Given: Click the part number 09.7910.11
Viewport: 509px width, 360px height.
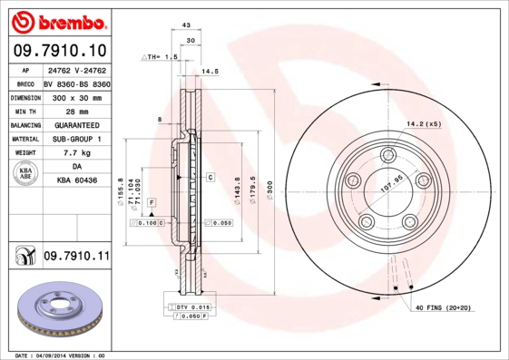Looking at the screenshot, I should pos(75,258).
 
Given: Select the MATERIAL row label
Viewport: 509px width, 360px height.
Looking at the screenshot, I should pos(24,139).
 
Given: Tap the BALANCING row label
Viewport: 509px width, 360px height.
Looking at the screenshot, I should pos(24,124).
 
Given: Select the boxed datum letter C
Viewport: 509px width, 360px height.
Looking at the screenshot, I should pos(210,177).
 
